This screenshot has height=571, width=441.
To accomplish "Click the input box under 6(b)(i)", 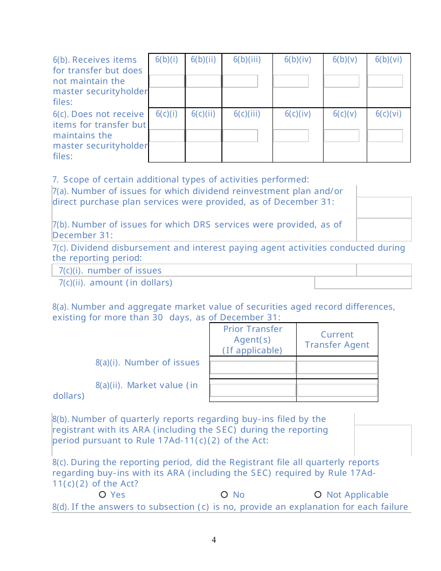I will (167, 81).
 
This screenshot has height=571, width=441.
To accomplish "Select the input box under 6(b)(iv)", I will (291, 81).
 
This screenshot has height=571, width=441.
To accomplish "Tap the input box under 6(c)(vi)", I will (385, 136).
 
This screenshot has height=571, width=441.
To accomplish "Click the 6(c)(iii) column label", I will (247, 114).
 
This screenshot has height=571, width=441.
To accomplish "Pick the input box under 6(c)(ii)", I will (203, 136).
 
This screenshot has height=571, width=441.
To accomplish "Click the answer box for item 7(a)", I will (384, 207).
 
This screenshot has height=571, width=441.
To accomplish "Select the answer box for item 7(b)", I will (384, 229).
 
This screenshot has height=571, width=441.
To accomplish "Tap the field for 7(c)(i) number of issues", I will (384, 270).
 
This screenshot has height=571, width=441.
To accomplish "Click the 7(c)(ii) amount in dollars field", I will (363, 282).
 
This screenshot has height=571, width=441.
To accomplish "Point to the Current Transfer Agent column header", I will (337, 340).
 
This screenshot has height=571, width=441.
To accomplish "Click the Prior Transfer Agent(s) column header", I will (253, 340).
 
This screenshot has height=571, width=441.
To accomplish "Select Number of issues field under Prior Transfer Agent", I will (253, 368).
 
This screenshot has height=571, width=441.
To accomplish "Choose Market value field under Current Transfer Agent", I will (337, 390).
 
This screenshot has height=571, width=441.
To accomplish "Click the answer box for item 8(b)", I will (383, 440).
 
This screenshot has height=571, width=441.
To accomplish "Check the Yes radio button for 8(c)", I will (103, 495).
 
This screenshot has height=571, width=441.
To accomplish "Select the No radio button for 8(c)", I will (224, 495).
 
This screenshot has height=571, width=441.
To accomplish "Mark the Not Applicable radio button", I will (318, 495).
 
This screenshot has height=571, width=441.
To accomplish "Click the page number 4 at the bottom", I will (214, 540).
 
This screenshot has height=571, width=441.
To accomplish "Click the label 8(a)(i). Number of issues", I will (148, 363).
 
